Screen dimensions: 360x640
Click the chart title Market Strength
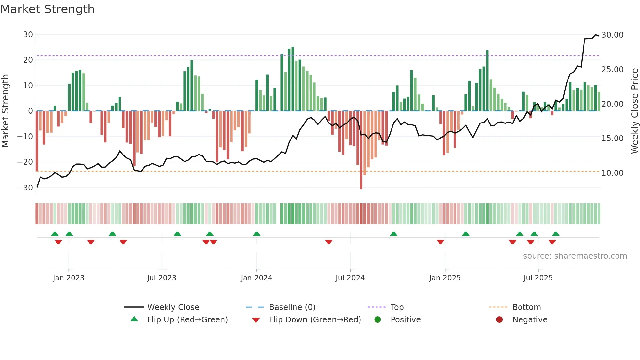coord(47,9)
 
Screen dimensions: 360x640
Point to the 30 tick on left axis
coord(28,35)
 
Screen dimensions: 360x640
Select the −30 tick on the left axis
coord(25,188)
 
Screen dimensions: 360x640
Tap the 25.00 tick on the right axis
coord(612,70)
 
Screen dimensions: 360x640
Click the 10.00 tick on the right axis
coord(612,173)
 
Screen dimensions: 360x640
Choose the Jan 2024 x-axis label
coord(256,278)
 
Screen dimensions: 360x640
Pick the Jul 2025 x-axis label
coord(538,278)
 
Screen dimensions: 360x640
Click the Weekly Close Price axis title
coord(634,111)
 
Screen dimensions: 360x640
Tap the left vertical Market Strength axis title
coord(6,111)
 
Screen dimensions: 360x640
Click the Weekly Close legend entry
coord(173,307)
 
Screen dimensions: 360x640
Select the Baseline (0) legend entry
coord(292,307)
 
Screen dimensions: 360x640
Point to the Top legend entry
coord(397,307)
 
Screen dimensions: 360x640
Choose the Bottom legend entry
coord(526,307)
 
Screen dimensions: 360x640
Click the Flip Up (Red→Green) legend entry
coord(187,320)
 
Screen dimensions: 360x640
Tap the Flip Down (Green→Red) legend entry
coord(315,320)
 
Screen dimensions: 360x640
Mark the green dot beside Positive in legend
coord(378,320)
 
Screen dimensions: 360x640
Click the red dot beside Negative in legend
coord(499,320)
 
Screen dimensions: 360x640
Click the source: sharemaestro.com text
coord(575,256)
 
